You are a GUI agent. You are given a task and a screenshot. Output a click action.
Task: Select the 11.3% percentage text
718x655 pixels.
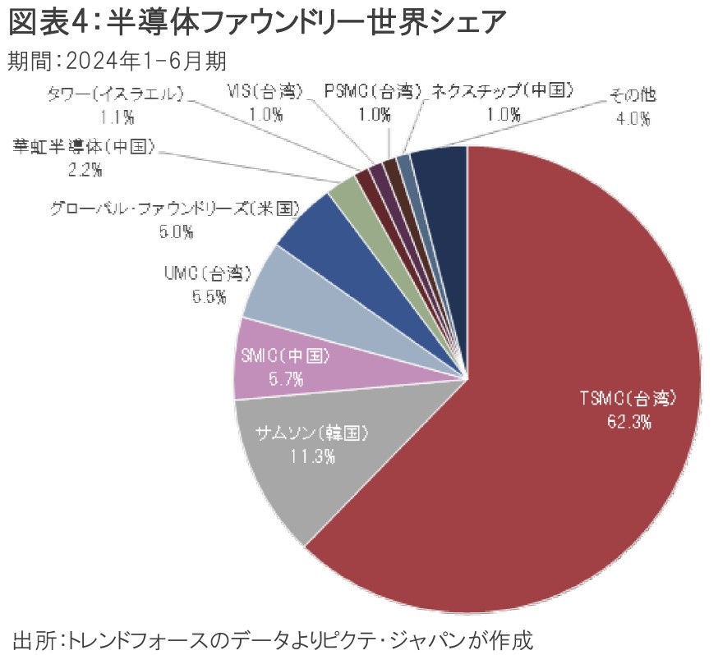(x=311, y=456)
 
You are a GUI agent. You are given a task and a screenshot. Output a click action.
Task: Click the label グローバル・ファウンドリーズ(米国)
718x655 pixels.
(x=173, y=208)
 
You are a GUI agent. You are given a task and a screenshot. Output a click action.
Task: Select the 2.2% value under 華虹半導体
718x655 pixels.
(x=85, y=170)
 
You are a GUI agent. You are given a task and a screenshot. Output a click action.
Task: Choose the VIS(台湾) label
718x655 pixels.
(x=265, y=90)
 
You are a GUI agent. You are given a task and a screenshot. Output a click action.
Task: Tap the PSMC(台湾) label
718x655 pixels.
(x=373, y=90)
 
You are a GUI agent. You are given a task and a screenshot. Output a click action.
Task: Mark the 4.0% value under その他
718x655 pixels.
(x=633, y=117)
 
